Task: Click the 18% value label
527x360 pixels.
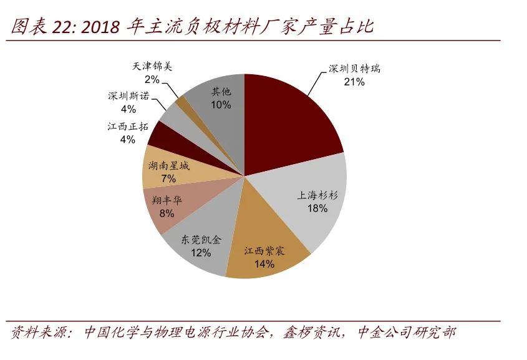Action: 317,208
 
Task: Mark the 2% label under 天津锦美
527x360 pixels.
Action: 152,79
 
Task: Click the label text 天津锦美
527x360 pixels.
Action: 152,67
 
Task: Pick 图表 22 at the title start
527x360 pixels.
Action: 41,27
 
